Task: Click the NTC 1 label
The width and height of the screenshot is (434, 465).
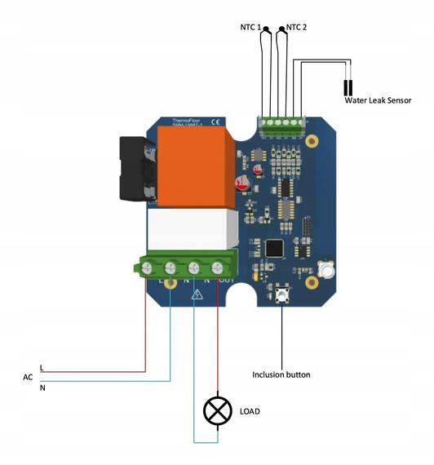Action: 250,27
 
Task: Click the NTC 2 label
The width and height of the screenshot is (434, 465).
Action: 297,27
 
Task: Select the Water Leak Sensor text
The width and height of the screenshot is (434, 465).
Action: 378,100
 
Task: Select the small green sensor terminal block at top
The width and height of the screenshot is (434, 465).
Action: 282,125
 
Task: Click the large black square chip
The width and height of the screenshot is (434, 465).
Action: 274,247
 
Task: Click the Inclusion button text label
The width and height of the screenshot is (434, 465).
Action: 281,375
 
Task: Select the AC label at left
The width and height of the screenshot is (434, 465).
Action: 28,378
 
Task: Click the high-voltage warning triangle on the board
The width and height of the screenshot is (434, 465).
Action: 196,294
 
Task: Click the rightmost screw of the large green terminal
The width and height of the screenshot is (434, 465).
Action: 218,267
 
